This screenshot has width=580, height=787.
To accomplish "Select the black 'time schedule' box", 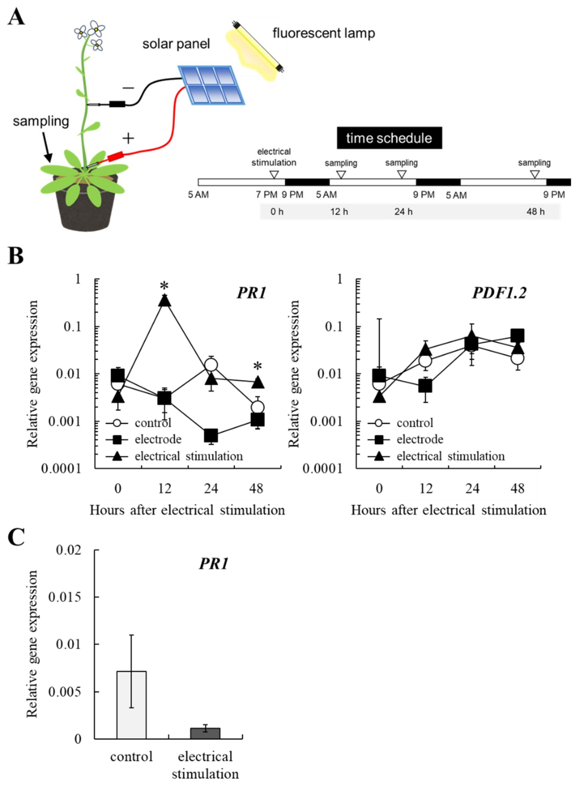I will pos(389,138).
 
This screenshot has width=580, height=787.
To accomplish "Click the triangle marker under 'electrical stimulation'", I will pos(274,174).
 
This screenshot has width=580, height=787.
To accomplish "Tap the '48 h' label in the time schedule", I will pos(535,212).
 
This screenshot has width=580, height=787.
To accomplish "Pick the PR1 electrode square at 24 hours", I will pos(211,436).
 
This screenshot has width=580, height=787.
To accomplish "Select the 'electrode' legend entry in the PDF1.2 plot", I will pos(420,439).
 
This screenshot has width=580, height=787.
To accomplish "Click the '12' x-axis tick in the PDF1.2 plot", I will pos(426,488).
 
